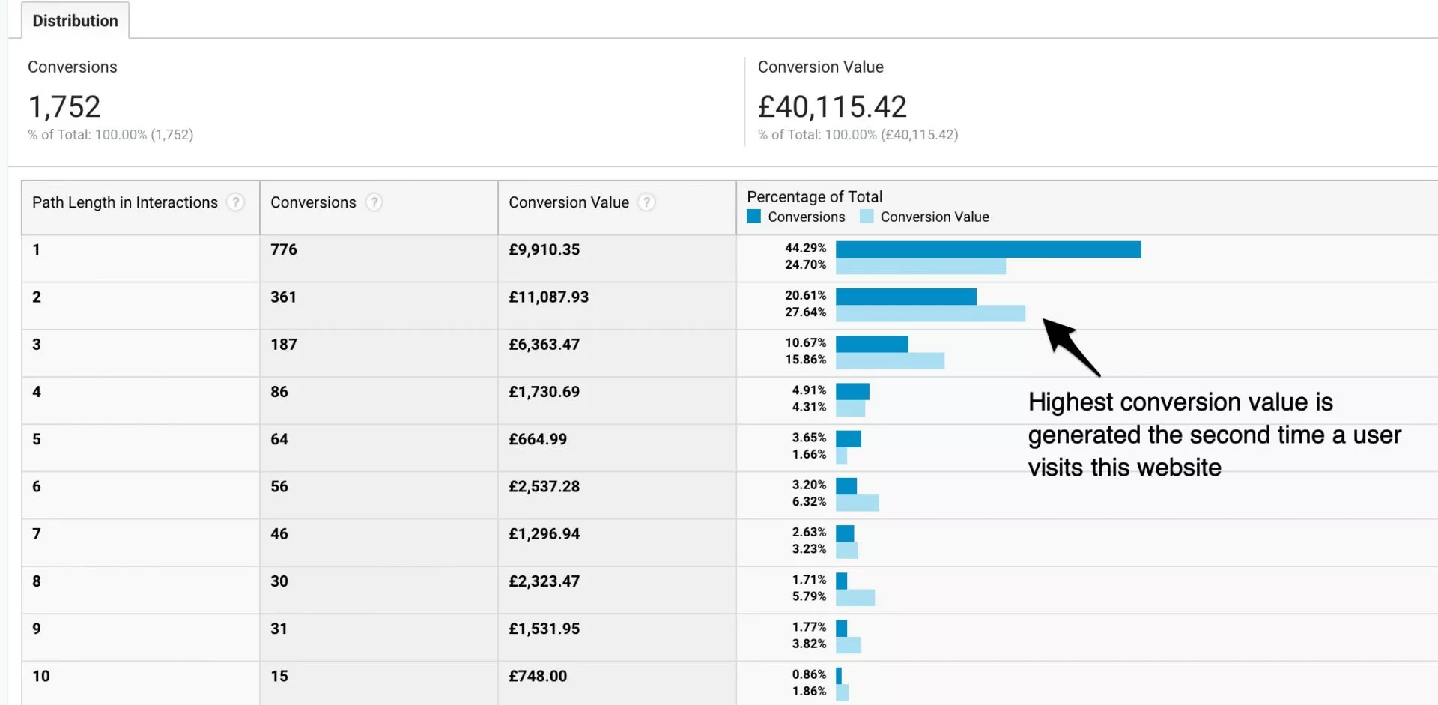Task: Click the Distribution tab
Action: pos(75,21)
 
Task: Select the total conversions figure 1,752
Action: pos(64,107)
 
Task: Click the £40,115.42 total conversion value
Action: pos(832,107)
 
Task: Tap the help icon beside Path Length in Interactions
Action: pos(235,202)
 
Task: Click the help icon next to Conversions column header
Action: pos(374,202)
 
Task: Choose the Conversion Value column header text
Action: pos(568,202)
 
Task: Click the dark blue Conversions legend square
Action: pos(754,217)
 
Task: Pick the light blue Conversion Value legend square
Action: pos(867,217)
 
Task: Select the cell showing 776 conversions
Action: pos(284,249)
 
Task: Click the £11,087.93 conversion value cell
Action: pos(548,297)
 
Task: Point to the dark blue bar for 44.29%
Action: pos(988,249)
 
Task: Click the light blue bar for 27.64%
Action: pos(930,314)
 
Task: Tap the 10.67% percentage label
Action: pos(805,343)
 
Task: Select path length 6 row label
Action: pos(37,487)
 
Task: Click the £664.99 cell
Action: pos(538,440)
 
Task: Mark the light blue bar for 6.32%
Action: pos(858,503)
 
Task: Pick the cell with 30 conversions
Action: pos(279,581)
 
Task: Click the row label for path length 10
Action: pos(41,677)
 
